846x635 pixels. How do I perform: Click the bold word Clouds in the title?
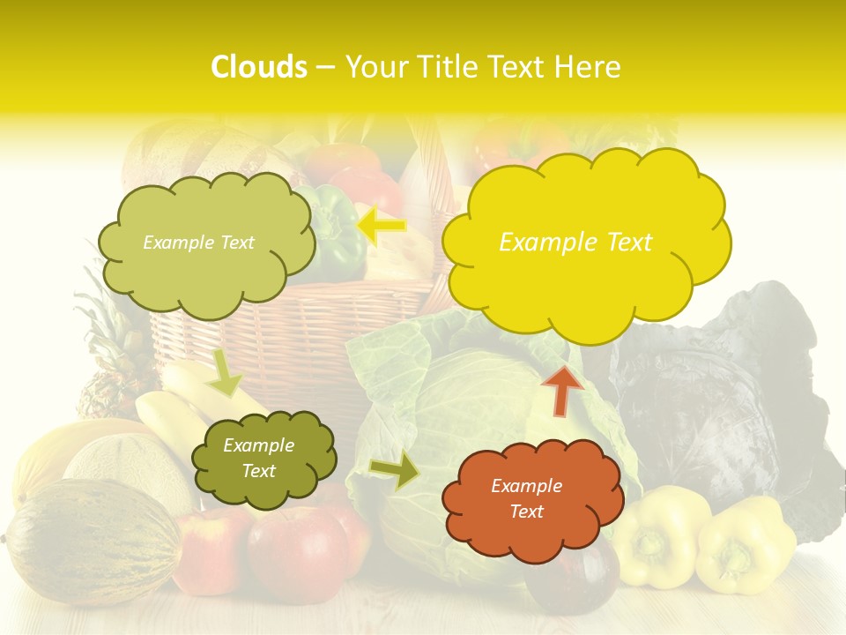pos(259,67)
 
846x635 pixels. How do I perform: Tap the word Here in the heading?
pos(590,67)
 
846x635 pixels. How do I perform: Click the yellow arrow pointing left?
pos(382,227)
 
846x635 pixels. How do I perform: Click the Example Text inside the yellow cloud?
pos(575,243)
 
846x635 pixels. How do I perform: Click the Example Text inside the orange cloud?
pos(526,498)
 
